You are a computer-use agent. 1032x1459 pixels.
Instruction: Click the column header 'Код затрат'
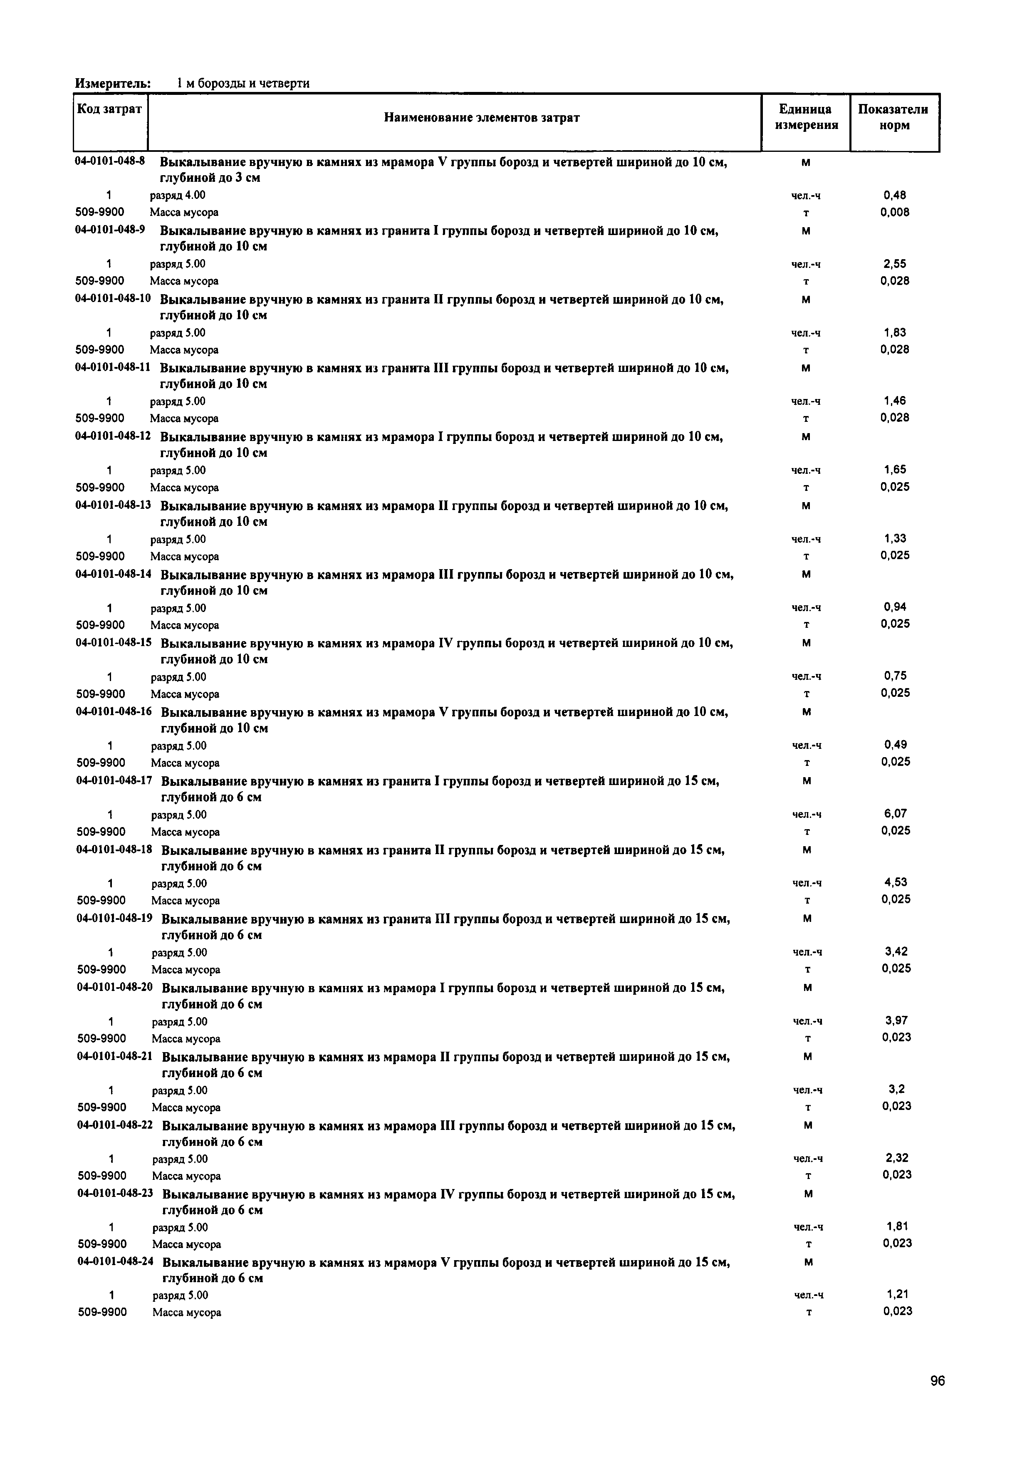point(109,109)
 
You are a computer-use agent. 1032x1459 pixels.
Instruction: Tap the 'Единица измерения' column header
point(806,118)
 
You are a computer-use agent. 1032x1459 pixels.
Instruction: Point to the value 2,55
point(894,264)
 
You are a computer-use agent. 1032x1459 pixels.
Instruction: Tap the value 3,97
point(896,1021)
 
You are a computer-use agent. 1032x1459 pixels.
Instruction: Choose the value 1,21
point(897,1294)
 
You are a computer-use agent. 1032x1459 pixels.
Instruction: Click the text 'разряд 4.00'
point(177,195)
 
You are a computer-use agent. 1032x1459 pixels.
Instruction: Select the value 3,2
point(896,1089)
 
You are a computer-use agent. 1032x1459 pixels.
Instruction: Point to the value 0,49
point(895,745)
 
